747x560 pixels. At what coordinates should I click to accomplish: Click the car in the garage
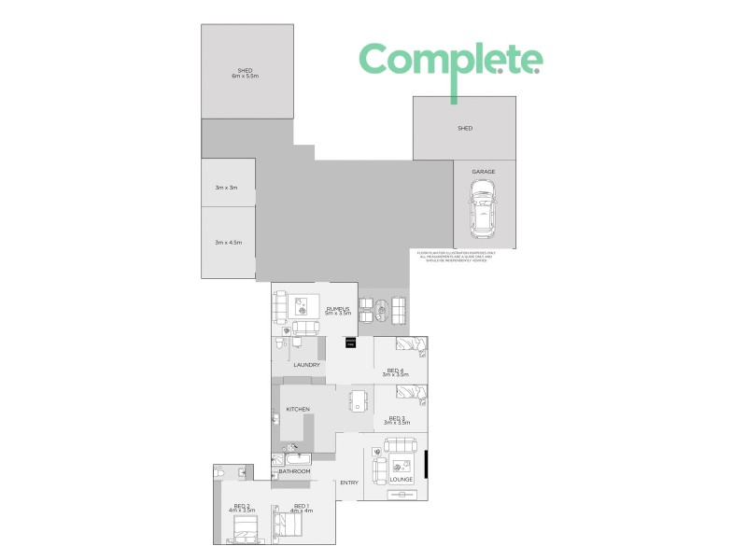(x=483, y=208)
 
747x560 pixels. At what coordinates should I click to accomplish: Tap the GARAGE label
(x=483, y=172)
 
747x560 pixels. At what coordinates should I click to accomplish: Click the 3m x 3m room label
(x=227, y=188)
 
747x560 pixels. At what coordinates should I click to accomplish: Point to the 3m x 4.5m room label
(x=228, y=242)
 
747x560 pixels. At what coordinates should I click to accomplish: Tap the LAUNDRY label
(x=307, y=365)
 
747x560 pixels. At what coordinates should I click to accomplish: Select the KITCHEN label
(x=298, y=410)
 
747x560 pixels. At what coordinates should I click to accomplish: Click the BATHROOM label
(x=295, y=472)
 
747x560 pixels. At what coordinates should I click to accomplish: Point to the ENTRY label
(x=349, y=482)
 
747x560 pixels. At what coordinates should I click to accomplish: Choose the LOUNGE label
(x=402, y=479)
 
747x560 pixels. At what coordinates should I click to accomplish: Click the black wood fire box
(x=351, y=343)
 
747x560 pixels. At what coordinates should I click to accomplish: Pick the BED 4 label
(x=395, y=371)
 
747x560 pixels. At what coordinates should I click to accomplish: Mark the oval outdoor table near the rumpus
(x=381, y=308)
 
